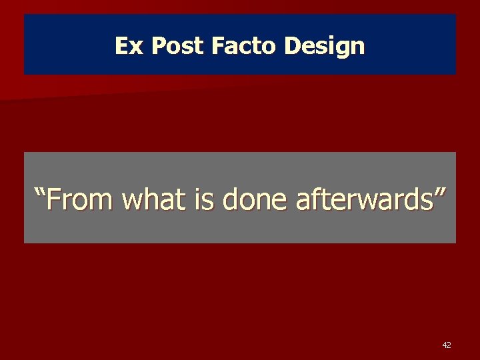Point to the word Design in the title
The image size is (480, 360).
[x=325, y=46]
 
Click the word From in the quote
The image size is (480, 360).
[x=79, y=199]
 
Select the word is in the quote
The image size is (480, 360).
[x=207, y=199]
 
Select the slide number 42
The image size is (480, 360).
[x=446, y=345]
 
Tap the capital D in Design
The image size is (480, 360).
[x=293, y=45]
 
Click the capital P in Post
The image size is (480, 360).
[x=159, y=45]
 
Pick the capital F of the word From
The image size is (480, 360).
[x=55, y=198]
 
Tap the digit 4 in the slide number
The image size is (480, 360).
[x=444, y=345]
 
